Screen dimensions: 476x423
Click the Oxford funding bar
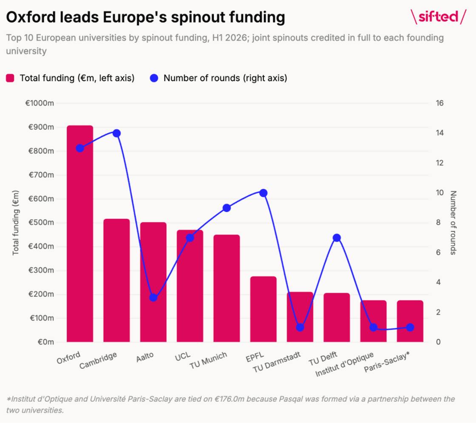point(80,233)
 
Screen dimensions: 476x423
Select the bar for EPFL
point(263,309)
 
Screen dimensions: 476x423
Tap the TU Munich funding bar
point(227,288)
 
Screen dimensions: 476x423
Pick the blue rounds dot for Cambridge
point(116,133)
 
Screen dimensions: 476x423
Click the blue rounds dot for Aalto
point(153,298)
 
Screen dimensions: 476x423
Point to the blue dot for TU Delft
point(337,238)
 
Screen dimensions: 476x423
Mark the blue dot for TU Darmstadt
point(300,327)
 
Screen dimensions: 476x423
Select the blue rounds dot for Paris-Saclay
point(410,327)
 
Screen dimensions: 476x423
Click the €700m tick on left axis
point(41,175)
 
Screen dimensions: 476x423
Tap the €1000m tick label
point(40,103)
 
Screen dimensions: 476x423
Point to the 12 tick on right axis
point(439,163)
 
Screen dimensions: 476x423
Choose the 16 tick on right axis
point(439,103)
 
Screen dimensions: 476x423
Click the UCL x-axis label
point(183,356)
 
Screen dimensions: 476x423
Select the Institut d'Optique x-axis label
point(345,364)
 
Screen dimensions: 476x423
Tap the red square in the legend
point(10,78)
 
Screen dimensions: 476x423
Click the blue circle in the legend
point(154,78)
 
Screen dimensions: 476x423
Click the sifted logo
point(438,17)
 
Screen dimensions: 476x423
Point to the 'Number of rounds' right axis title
point(453,223)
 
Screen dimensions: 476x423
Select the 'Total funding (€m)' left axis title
point(15,223)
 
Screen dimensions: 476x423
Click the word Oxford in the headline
point(31,17)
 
